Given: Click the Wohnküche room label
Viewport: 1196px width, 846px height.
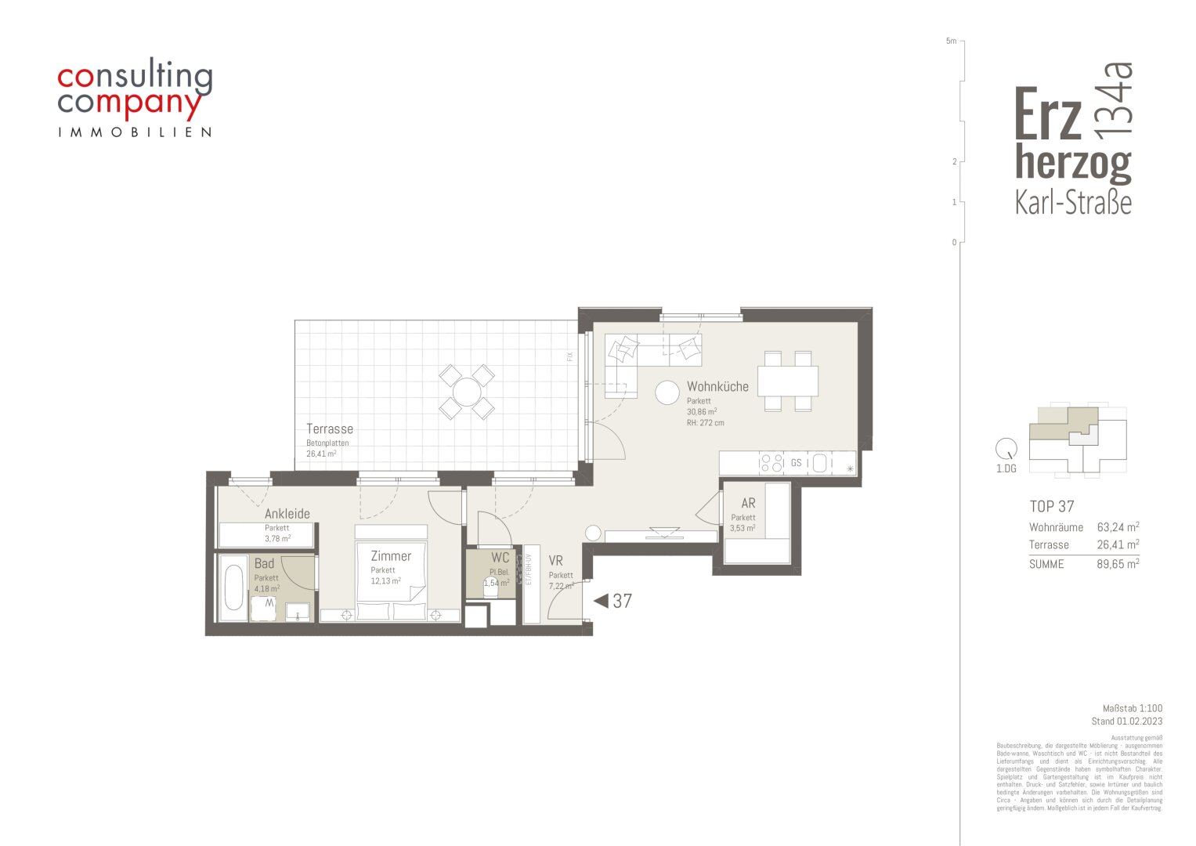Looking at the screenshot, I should click(x=717, y=386).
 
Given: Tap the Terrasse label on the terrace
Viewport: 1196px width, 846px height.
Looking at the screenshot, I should click(x=329, y=429).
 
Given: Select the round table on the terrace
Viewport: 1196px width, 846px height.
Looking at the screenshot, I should click(x=467, y=391).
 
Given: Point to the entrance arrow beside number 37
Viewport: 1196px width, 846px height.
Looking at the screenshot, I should click(x=601, y=601).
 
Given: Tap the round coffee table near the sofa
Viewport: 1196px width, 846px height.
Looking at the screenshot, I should click(x=667, y=392).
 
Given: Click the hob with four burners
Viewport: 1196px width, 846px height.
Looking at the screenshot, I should click(x=771, y=463).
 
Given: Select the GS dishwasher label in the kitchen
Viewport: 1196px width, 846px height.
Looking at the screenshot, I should click(x=796, y=463).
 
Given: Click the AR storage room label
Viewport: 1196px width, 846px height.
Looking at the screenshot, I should click(x=748, y=504).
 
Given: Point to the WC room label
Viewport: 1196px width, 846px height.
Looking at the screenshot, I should click(x=500, y=558).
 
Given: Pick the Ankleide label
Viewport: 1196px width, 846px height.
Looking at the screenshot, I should click(x=287, y=514).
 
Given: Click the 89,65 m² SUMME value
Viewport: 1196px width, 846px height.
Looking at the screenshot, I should click(x=1118, y=563).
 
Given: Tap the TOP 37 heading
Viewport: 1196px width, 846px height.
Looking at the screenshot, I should click(x=1051, y=506).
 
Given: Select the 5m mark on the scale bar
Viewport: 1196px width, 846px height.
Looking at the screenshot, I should click(x=951, y=41).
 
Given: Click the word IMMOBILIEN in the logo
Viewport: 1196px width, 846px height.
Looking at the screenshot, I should click(x=135, y=132).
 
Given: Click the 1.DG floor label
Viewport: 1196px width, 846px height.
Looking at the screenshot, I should click(x=1006, y=468).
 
